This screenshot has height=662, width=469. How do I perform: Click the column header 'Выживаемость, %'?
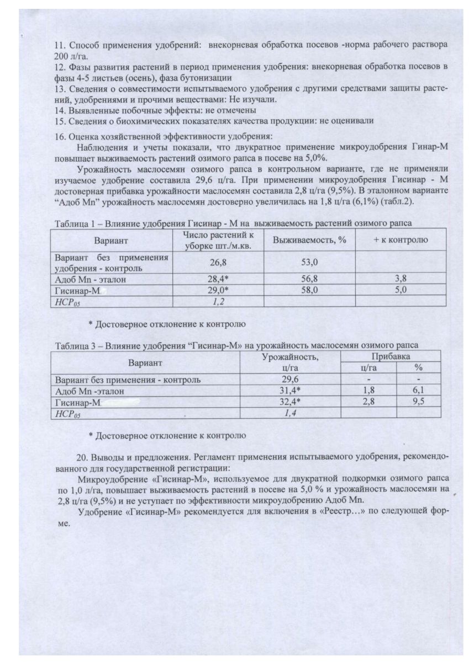[305, 241]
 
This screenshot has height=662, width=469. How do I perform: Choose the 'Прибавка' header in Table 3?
[390, 357]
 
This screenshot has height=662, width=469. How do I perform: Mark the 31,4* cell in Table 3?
[291, 391]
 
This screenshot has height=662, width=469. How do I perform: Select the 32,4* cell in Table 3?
[291, 401]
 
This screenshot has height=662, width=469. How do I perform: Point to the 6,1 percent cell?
[418, 391]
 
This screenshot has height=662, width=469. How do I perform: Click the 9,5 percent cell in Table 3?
[418, 401]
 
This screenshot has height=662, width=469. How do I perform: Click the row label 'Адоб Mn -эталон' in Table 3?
[89, 391]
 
